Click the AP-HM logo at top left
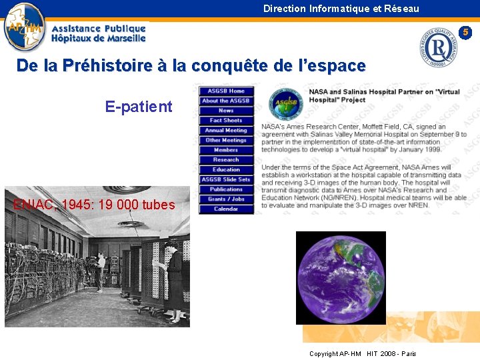[25, 27]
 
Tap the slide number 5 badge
[467, 32]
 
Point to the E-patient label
[139, 107]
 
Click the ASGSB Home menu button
[226, 91]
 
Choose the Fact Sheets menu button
[226, 121]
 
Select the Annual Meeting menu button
[226, 131]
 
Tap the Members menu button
[226, 150]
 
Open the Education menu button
[226, 169]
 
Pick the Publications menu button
[226, 189]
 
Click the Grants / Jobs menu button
[226, 199]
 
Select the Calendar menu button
[226, 209]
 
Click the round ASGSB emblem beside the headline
[285, 104]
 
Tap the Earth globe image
[341, 277]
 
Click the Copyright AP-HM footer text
[363, 353]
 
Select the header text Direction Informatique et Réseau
[341, 9]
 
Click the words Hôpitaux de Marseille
[99, 39]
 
